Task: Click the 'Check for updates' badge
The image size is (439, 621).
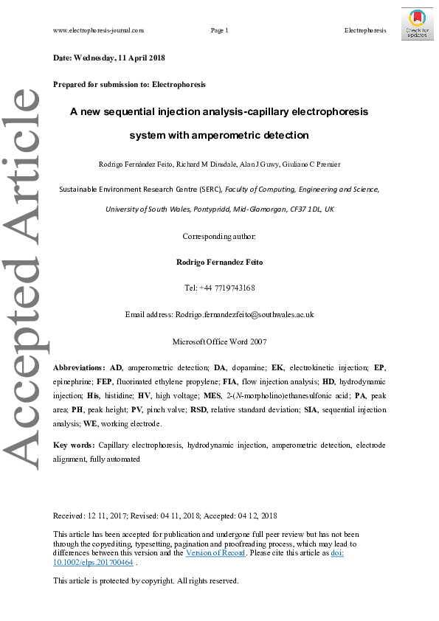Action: click(418, 24)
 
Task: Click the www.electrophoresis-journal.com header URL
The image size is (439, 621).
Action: click(99, 30)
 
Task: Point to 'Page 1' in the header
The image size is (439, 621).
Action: click(219, 30)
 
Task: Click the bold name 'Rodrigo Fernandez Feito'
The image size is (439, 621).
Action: click(219, 262)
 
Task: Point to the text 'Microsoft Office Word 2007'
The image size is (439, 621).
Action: click(219, 341)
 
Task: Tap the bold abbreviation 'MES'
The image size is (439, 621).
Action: click(233, 395)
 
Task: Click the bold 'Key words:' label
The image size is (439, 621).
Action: click(74, 445)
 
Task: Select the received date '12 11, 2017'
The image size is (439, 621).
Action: click(108, 516)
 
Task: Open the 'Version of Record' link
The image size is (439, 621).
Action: click(216, 553)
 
